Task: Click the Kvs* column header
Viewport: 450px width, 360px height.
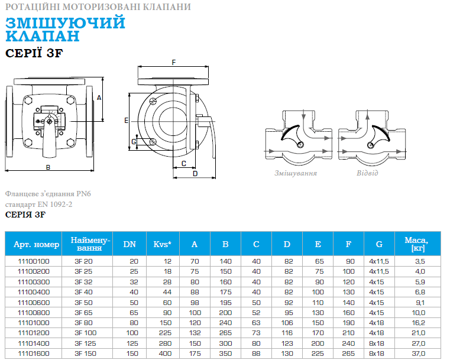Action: pyautogui.click(x=163, y=244)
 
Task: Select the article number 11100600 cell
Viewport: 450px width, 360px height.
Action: pyautogui.click(x=34, y=303)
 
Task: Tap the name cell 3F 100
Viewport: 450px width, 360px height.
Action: pyautogui.click(x=86, y=333)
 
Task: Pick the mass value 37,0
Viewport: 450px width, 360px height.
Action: pyautogui.click(x=419, y=353)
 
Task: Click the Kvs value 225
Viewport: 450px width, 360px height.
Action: pyautogui.click(x=166, y=333)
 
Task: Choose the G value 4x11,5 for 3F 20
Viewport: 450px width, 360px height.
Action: pyautogui.click(x=379, y=261)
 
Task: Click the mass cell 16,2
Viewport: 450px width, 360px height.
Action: pyautogui.click(x=419, y=323)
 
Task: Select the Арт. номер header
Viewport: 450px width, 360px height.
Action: pyautogui.click(x=37, y=244)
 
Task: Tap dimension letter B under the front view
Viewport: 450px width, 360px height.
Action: pyautogui.click(x=48, y=167)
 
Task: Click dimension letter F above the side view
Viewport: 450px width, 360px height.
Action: pyautogui.click(x=174, y=62)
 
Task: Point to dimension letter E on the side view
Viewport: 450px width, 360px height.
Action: pyautogui.click(x=127, y=121)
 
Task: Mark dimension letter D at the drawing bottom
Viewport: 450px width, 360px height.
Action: pyautogui.click(x=195, y=174)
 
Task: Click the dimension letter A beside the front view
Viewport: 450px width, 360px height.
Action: pyautogui.click(x=99, y=98)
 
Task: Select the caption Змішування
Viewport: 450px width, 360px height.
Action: pyautogui.click(x=296, y=173)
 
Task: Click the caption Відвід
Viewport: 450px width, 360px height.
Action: pyautogui.click(x=367, y=173)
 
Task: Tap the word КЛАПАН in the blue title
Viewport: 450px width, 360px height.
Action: pyautogui.click(x=42, y=36)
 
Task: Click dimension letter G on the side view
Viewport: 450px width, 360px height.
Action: pyautogui.click(x=134, y=142)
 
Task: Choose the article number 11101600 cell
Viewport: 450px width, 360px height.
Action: pyautogui.click(x=34, y=353)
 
